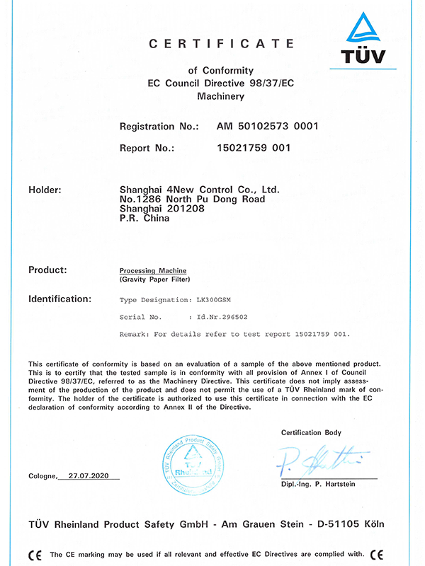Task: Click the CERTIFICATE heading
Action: (221, 44)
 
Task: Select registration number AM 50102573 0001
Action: (267, 126)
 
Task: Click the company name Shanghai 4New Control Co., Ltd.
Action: (200, 190)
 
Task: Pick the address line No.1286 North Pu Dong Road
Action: (193, 200)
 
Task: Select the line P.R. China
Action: (145, 219)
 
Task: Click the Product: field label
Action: (47, 270)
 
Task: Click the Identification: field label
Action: (59, 299)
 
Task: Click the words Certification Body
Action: (311, 432)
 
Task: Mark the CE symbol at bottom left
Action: (34, 554)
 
